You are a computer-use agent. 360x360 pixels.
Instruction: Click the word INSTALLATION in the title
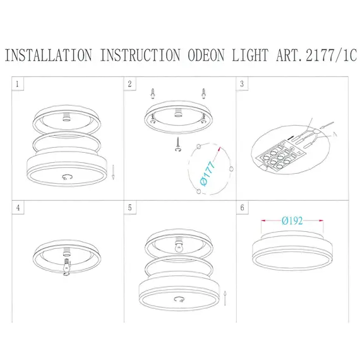click(47, 55)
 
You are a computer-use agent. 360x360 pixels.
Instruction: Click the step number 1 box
click(18, 83)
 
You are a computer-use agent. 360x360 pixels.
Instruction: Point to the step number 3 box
click(243, 83)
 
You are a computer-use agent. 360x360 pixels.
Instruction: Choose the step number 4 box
click(18, 207)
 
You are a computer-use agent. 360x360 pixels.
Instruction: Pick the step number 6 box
click(243, 207)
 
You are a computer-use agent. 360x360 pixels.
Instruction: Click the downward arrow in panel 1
click(112, 171)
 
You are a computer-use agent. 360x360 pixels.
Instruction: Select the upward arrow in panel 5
click(225, 293)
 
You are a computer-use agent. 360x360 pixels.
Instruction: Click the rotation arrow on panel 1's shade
click(66, 178)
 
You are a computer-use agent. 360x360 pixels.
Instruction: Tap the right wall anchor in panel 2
click(204, 93)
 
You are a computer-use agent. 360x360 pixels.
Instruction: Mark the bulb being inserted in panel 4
click(65, 266)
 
